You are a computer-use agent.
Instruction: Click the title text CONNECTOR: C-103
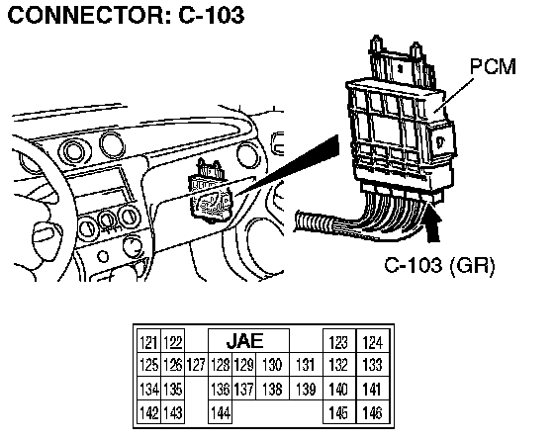(x=126, y=15)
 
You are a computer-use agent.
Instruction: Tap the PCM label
(x=493, y=66)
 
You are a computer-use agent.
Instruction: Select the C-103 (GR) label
(x=439, y=265)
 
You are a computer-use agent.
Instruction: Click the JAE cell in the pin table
(x=248, y=341)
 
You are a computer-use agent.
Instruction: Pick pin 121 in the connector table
(x=148, y=341)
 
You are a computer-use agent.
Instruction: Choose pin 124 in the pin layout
(x=373, y=341)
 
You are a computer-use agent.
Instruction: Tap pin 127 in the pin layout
(x=196, y=365)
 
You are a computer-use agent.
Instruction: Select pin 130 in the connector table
(x=272, y=365)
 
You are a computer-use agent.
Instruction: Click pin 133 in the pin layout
(x=373, y=365)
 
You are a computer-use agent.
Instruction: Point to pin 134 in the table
(x=148, y=389)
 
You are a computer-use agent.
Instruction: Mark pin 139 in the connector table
(x=306, y=389)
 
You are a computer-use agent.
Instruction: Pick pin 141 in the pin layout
(x=373, y=389)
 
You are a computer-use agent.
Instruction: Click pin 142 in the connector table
(x=148, y=411)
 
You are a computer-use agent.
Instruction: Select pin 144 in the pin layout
(x=221, y=411)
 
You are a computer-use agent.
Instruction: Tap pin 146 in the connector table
(x=373, y=411)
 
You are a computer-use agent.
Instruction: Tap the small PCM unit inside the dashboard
(x=210, y=193)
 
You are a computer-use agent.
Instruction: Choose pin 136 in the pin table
(x=221, y=389)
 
